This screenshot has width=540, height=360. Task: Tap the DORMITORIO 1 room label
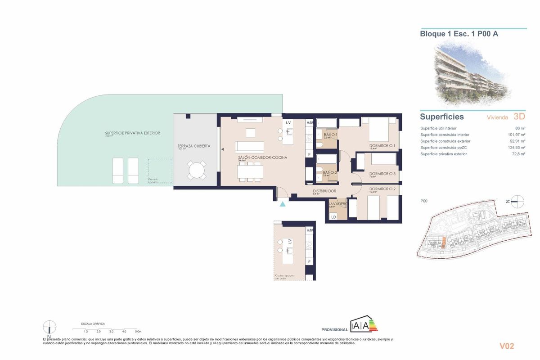[382, 145]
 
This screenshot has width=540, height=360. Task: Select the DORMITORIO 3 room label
[382, 174]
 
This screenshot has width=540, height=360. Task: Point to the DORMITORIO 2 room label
[382, 189]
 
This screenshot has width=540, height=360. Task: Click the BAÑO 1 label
[330, 135]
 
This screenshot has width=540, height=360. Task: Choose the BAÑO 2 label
[330, 172]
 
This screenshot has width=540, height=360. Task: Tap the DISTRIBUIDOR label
[325, 191]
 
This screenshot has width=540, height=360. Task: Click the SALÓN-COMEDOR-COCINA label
[262, 157]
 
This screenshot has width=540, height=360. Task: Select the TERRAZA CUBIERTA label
[194, 152]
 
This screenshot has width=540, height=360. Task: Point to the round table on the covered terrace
[196, 171]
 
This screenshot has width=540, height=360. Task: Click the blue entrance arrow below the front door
[283, 204]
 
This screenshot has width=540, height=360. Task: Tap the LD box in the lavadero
[333, 217]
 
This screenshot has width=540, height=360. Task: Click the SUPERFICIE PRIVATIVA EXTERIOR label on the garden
[132, 133]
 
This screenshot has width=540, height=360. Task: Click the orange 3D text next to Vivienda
[519, 117]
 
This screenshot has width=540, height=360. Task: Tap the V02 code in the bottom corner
[507, 346]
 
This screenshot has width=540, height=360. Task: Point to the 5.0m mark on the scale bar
[138, 331]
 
